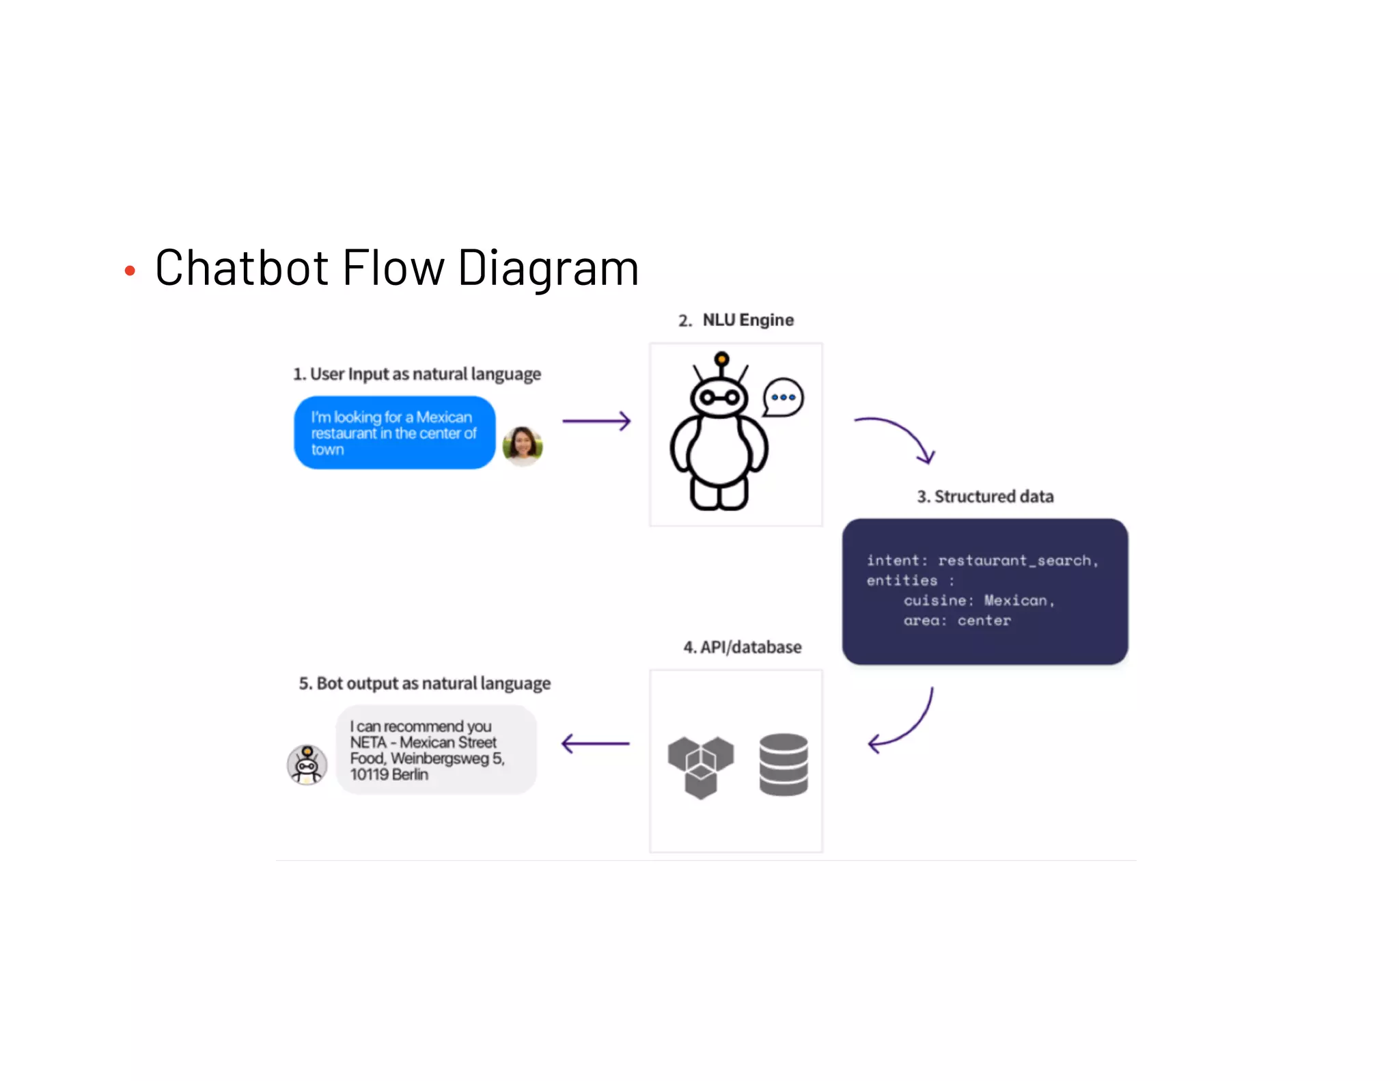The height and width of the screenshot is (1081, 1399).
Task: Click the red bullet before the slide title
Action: pos(130,271)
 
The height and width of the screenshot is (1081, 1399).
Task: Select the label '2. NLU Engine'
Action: pos(736,320)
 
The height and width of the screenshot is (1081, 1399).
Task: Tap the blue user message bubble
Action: pos(394,433)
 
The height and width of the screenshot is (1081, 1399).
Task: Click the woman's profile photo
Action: pos(523,446)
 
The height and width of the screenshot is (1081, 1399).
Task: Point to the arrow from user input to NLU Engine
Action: pos(596,421)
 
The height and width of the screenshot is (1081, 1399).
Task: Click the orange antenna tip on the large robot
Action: pos(721,358)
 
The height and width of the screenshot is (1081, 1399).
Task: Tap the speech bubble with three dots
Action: pos(783,397)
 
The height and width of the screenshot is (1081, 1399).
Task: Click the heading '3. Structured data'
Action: pos(985,496)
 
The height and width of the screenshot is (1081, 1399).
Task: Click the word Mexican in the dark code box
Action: pos(1016,600)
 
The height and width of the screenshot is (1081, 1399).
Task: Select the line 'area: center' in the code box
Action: pos(956,620)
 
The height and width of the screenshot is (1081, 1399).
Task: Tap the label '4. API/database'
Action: pos(743,647)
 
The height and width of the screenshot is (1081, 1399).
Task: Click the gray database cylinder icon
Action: pos(784,765)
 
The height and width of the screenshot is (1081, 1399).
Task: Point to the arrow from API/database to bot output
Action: pos(595,743)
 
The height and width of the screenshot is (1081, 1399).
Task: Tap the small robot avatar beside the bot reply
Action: pos(307,765)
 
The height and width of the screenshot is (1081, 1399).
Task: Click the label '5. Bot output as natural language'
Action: pos(424,683)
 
